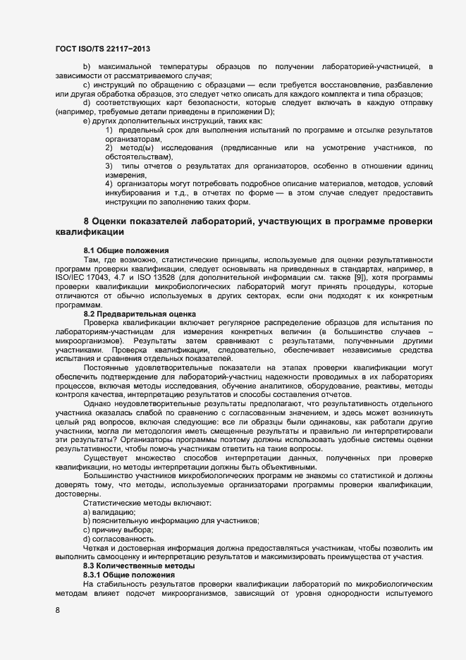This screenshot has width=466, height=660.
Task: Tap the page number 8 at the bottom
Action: (58, 610)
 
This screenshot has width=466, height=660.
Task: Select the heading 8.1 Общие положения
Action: (125, 251)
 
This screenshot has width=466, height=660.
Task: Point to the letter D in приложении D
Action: (268, 112)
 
